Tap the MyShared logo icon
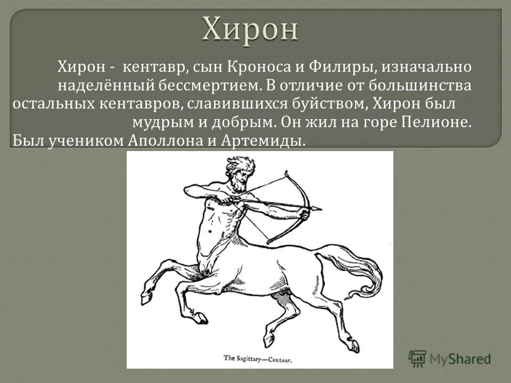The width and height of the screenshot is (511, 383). (417, 357)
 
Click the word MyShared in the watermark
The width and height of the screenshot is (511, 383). (460, 359)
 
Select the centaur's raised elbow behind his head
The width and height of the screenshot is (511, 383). (186, 189)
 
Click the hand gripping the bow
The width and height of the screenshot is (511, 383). (303, 213)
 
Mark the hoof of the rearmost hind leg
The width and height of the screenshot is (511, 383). (353, 346)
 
